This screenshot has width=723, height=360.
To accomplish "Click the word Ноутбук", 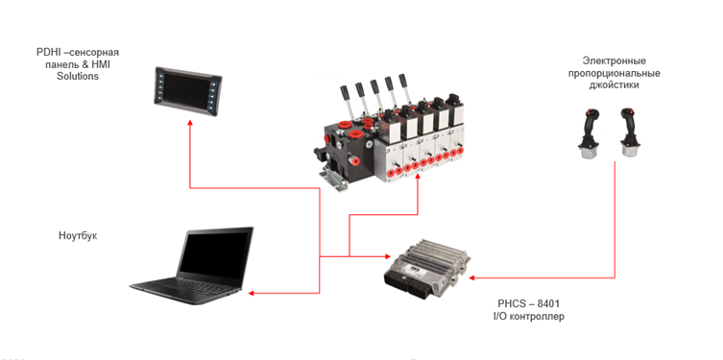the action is (78, 236).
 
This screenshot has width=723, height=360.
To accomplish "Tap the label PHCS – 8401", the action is (528, 303).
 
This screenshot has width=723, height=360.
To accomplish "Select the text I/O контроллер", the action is (528, 317).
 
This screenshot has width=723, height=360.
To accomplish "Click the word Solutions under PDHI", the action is (78, 76).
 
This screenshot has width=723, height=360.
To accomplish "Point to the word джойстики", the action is (614, 85).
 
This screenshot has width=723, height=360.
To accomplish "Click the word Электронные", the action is (614, 60).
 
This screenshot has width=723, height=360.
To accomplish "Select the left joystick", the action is (590, 133).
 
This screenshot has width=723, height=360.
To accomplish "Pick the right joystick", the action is (630, 132).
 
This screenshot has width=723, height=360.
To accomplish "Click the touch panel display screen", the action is (187, 90).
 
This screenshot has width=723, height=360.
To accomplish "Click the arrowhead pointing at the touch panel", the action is (189, 123).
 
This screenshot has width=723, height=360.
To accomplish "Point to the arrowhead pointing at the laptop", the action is (252, 293).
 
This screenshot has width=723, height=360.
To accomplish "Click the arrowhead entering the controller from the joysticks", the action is (472, 278).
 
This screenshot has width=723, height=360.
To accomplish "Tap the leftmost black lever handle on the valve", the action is (345, 91).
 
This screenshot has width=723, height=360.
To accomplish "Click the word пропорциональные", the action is (614, 73).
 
